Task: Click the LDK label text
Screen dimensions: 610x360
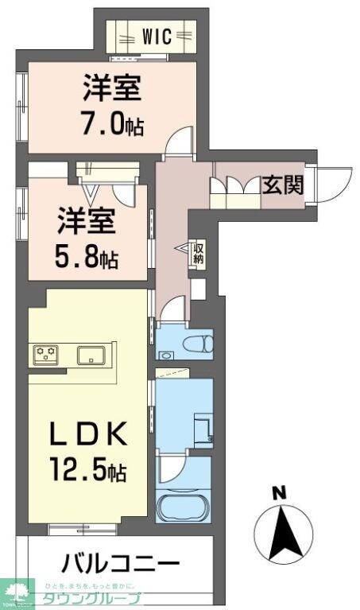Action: pos(87,436)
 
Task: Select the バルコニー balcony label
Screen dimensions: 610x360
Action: pos(121,564)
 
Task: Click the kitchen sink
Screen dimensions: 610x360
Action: pos(93,355)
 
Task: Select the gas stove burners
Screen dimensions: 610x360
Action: pos(46,353)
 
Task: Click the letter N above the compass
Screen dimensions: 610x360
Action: pos(279,493)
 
